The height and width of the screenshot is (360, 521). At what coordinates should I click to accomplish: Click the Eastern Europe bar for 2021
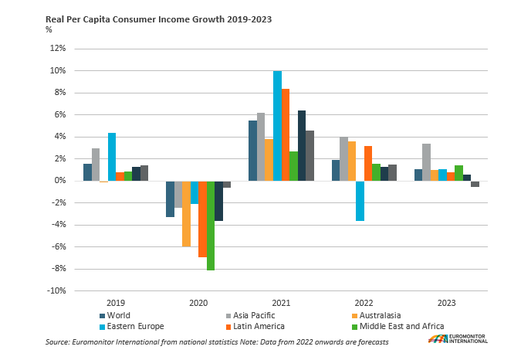coord(277,126)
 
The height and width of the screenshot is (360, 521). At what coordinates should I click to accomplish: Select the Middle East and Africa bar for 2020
coord(211,226)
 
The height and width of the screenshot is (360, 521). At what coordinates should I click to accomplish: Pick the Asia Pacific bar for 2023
coord(426,162)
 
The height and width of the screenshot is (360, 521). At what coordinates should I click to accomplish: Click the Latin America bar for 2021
coord(286,135)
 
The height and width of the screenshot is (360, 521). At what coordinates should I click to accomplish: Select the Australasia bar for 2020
coord(186,214)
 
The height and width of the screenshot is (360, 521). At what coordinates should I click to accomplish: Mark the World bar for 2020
coord(169,199)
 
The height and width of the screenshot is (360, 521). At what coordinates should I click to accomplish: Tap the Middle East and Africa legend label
coord(402,326)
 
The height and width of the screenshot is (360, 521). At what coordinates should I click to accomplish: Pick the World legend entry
coord(118,315)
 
